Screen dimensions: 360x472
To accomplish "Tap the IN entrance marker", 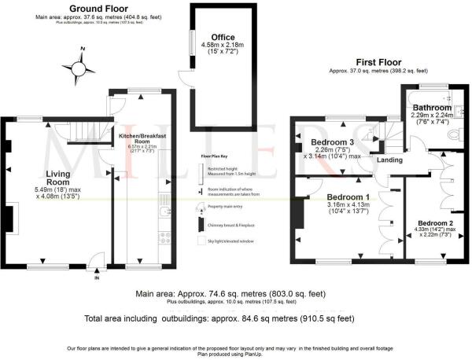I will click(98, 278).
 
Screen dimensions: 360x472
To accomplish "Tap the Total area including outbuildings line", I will click(219, 319).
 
